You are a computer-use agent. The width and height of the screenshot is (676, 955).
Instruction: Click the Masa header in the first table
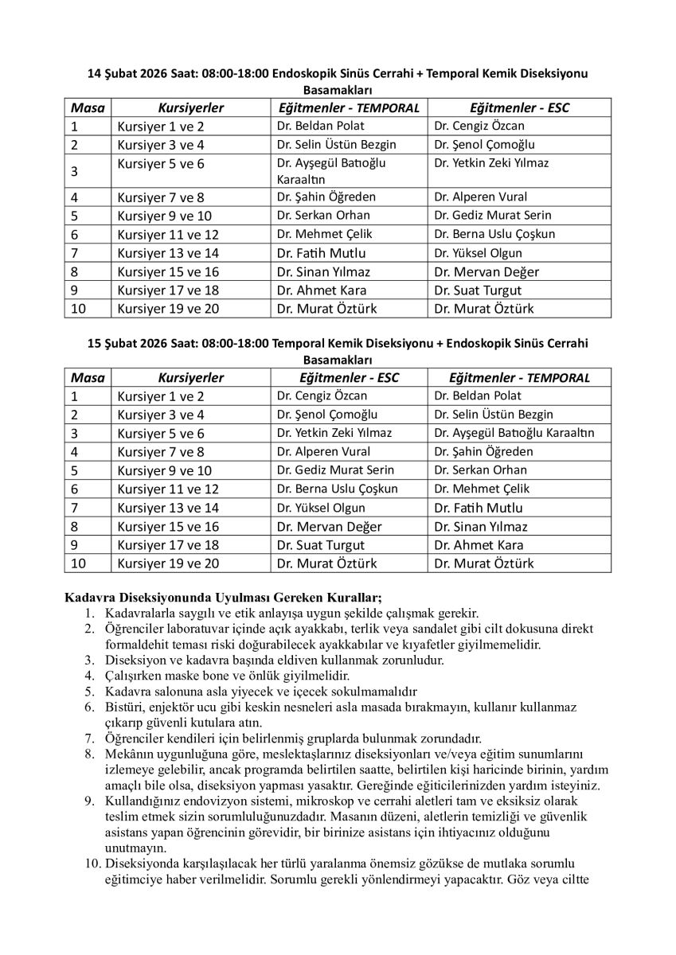[x=88, y=107]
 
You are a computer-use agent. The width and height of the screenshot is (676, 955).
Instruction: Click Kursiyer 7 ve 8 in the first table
[x=161, y=197]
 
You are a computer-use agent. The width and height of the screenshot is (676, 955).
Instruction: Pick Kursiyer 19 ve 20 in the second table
[x=165, y=563]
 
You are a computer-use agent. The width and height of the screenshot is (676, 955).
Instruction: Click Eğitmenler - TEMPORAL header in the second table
[x=519, y=378]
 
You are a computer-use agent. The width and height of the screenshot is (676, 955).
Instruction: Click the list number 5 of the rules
[x=89, y=691]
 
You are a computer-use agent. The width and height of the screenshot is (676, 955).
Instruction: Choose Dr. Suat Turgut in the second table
[x=320, y=545]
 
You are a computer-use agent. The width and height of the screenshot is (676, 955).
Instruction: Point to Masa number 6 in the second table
[x=75, y=489]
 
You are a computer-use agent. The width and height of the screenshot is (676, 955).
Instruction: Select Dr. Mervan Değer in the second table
[x=329, y=526]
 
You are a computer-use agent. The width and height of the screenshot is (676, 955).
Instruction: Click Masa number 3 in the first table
[x=75, y=171]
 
